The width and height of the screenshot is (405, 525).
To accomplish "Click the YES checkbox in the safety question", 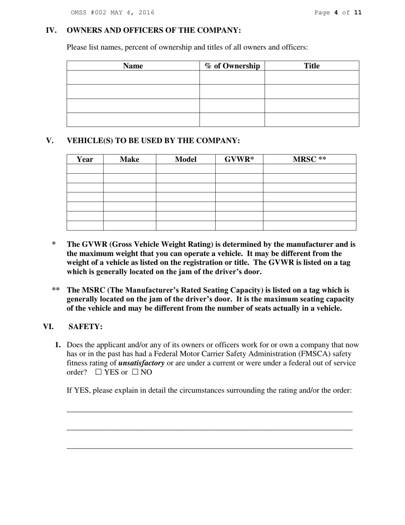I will (x=98, y=372).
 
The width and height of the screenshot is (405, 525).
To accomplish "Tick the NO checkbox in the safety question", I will (x=135, y=372).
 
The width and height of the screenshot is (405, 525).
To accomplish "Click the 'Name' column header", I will (x=133, y=66).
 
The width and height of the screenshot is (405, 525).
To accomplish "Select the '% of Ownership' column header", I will (x=232, y=66).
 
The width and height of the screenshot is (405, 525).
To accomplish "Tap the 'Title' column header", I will (x=312, y=66).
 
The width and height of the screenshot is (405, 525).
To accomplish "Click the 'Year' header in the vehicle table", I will (x=85, y=159).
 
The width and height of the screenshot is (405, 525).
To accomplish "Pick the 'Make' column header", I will (x=130, y=159).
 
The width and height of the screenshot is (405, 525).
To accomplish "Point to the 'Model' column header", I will (x=185, y=159).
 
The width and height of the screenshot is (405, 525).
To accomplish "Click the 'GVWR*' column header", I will (x=239, y=159).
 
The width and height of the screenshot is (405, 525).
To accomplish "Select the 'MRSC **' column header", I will (x=310, y=159).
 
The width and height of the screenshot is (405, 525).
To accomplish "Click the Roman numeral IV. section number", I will (x=51, y=30).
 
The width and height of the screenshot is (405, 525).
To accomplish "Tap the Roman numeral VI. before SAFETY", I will (x=48, y=327).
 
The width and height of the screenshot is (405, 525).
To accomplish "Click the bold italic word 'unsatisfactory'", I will (x=142, y=363).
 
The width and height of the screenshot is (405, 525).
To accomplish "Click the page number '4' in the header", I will (x=336, y=12).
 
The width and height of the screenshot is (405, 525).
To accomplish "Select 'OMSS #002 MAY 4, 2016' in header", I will (x=113, y=12).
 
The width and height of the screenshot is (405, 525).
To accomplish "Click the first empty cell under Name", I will (x=133, y=77).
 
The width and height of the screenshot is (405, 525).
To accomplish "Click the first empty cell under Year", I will (x=85, y=169).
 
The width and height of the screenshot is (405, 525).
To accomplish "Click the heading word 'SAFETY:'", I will (x=85, y=327).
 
